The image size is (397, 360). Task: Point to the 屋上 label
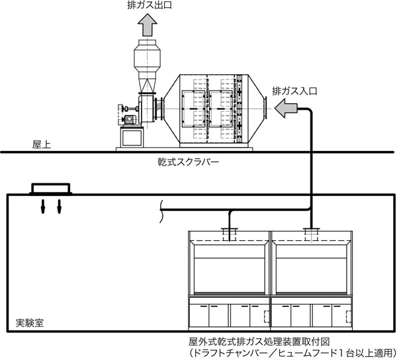(x=42, y=144)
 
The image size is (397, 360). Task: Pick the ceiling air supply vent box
(x=50, y=190)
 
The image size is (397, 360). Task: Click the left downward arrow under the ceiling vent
(x=44, y=206)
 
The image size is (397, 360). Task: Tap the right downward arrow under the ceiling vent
(x=59, y=206)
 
